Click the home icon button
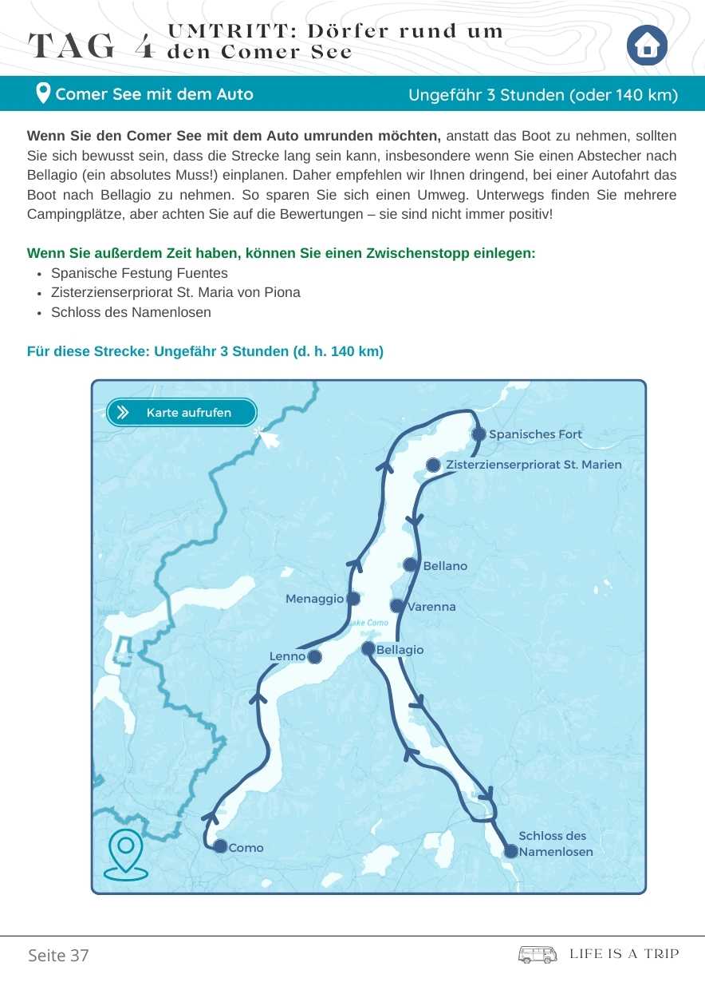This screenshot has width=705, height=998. click(647, 46)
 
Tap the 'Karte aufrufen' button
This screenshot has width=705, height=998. click(182, 413)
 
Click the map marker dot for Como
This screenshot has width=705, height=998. click(220, 846)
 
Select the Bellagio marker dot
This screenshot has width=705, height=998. click(368, 649)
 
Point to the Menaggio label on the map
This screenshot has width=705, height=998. click(314, 599)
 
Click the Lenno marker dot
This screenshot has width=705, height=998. click(314, 657)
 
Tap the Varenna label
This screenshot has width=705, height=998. click(431, 607)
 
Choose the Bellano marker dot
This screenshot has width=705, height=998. click(410, 564)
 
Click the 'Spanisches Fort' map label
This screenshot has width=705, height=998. click(535, 434)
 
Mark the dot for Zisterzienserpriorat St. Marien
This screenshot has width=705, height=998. click(433, 465)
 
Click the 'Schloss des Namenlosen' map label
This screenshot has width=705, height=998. click(555, 844)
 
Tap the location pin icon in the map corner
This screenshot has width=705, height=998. click(126, 853)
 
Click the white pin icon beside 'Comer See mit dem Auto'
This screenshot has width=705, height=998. click(44, 94)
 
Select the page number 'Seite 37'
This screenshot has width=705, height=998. click(58, 956)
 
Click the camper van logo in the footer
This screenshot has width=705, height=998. click(538, 954)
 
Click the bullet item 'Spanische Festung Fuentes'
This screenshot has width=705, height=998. click(139, 273)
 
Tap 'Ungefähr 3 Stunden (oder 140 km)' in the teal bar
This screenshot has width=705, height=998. click(542, 95)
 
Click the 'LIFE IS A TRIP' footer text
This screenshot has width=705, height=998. click(624, 954)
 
